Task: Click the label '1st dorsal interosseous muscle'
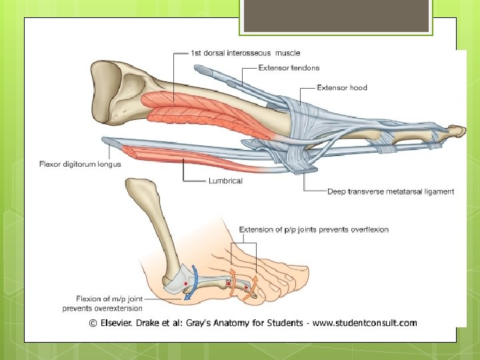pyautogui.click(x=245, y=53)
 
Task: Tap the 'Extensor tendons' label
pyautogui.click(x=289, y=67)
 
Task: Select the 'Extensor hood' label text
pyautogui.click(x=341, y=87)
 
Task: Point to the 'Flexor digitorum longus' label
pyautogui.click(x=81, y=164)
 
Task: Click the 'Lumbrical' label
pyautogui.click(x=225, y=180)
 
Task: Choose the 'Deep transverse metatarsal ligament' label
pyautogui.click(x=391, y=191)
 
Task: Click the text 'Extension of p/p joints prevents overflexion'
pyautogui.click(x=313, y=229)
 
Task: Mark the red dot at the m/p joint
pyautogui.click(x=185, y=284)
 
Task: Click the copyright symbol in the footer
pyautogui.click(x=94, y=323)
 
